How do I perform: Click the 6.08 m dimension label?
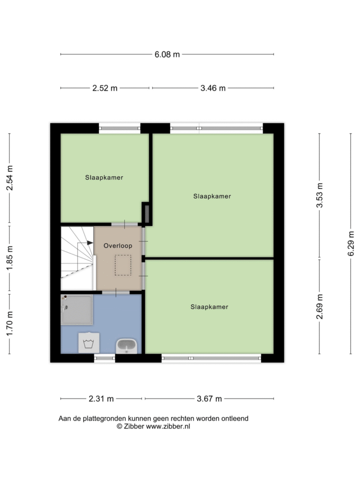(x=167, y=54)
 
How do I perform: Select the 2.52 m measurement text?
(x=105, y=88)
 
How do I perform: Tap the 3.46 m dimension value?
(x=213, y=88)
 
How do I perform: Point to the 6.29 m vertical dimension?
(x=351, y=244)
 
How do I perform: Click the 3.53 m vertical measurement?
(x=320, y=195)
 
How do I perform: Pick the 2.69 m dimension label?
(x=320, y=307)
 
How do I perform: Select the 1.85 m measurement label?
(x=9, y=258)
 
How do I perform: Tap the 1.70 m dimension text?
(x=9, y=323)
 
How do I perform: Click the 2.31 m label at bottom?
(x=101, y=399)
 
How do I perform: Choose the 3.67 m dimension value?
(x=209, y=399)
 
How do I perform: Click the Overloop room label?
(x=118, y=246)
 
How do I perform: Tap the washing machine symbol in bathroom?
(x=89, y=343)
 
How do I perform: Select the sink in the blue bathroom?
(x=127, y=346)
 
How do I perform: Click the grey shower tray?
(x=76, y=309)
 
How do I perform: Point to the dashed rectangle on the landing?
(x=123, y=265)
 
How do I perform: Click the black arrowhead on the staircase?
(x=90, y=243)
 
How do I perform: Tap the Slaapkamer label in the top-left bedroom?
(x=104, y=178)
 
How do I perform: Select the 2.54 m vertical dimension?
(x=9, y=178)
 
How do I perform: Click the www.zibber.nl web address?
(x=168, y=427)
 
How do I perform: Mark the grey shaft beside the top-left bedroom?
(x=147, y=214)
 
